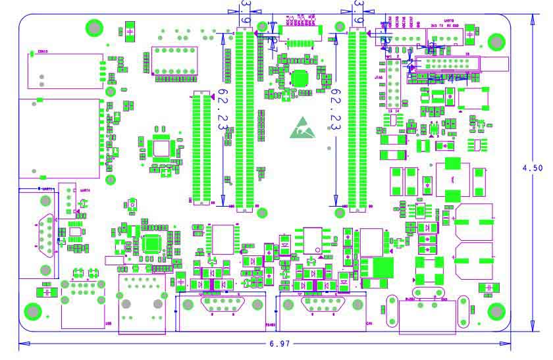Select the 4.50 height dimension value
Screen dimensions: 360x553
(x=533, y=168)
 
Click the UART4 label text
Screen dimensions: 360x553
(x=84, y=191)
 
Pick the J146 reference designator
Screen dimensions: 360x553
(x=379, y=78)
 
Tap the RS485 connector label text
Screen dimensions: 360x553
(x=270, y=324)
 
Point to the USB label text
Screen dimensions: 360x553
(x=109, y=324)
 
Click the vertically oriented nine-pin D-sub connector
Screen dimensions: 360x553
(x=43, y=234)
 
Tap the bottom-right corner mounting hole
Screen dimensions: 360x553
(x=496, y=311)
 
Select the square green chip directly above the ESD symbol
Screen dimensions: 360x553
(x=301, y=78)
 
